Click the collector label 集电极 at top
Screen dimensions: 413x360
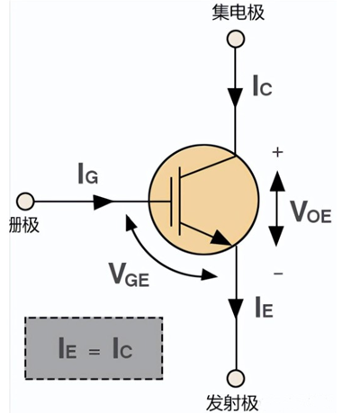(x=237, y=13)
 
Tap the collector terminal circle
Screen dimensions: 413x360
(x=236, y=39)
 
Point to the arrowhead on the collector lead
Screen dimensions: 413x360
(x=236, y=93)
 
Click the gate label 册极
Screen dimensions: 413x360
(x=22, y=222)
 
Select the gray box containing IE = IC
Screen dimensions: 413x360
(x=94, y=346)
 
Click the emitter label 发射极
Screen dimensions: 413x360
(x=236, y=400)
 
